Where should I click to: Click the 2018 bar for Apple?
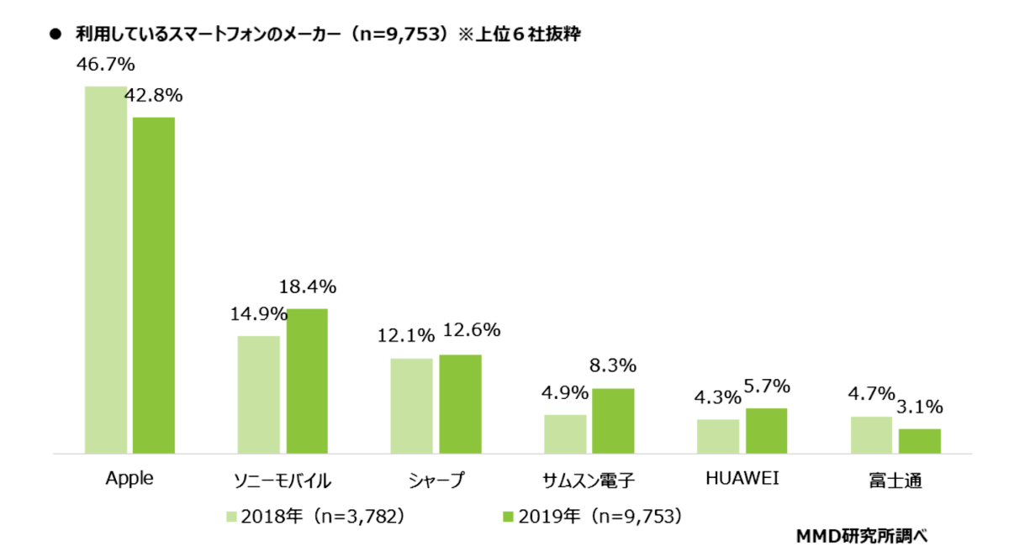(x=106, y=270)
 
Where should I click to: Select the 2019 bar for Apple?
(x=154, y=286)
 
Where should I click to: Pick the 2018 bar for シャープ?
(x=412, y=406)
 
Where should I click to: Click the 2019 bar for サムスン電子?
(x=613, y=421)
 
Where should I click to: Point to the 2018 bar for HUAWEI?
(x=718, y=436)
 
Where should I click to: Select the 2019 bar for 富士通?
(x=919, y=441)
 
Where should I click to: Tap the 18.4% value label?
(x=307, y=287)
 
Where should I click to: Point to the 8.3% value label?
(x=613, y=366)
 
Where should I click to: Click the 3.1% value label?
(x=919, y=407)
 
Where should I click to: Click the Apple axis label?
(x=129, y=479)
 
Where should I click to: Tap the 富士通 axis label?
(x=895, y=481)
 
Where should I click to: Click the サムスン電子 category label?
(x=589, y=481)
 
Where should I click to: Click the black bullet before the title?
(x=56, y=36)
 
